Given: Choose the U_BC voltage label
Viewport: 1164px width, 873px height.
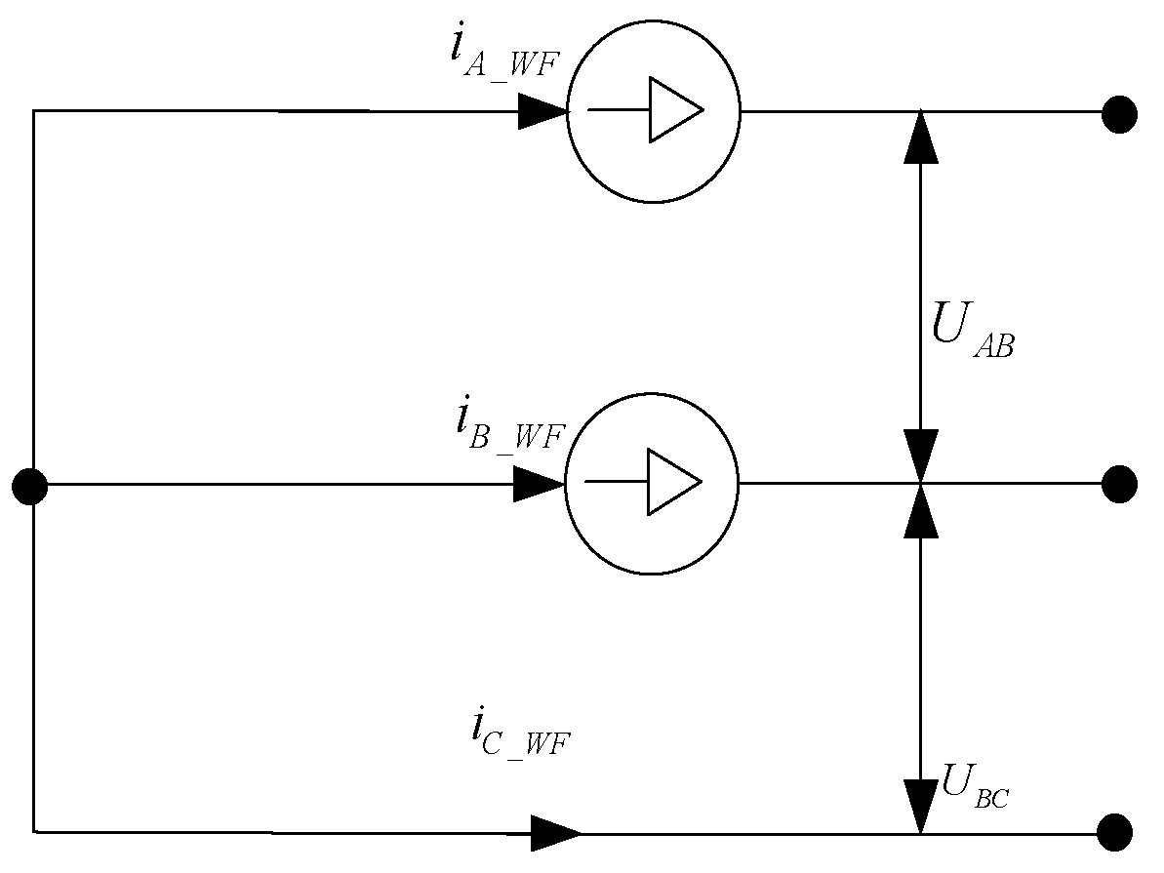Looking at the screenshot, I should [973, 788].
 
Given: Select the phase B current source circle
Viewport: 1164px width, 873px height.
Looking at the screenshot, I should [652, 484].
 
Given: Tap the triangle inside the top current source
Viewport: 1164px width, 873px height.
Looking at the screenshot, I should [673, 109].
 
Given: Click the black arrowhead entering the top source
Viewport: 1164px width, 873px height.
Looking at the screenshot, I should [542, 111].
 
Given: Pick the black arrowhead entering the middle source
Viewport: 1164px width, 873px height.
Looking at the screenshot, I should [539, 485].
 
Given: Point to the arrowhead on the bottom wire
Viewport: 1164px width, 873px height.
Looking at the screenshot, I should [555, 832].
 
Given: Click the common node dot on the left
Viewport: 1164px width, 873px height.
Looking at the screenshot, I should [30, 486].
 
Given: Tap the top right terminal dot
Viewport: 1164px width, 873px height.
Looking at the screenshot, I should [1119, 114].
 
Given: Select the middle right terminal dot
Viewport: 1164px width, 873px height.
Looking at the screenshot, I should [1119, 484].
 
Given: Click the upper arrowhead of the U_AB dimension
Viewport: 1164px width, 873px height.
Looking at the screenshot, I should [920, 136].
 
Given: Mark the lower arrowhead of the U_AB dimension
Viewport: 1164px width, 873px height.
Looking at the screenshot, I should [920, 455].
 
